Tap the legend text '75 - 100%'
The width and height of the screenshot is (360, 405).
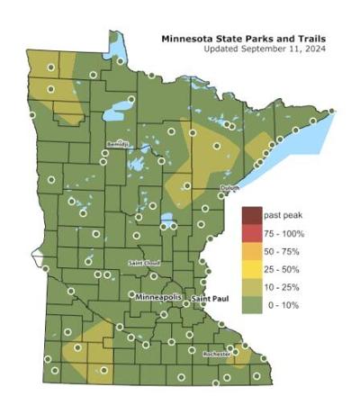284,234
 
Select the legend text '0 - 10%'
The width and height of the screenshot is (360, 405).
282,304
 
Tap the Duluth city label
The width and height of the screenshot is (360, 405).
229,187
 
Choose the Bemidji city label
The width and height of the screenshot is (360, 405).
118,143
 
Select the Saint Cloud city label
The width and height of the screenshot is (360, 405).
144,263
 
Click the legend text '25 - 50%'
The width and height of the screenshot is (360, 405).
283,269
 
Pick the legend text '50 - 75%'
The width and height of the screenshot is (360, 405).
283,251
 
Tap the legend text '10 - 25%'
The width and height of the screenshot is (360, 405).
283,286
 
